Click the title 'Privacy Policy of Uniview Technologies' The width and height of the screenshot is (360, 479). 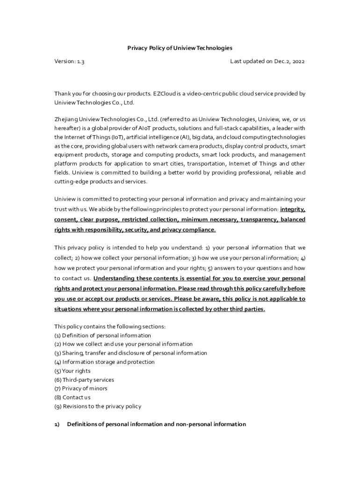180,48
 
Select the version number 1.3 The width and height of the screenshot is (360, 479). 80,61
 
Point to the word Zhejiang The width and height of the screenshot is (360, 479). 66,119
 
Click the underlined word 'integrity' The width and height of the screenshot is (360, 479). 293,209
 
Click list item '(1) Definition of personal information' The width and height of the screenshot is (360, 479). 103,335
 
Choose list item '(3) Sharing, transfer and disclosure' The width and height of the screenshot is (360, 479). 131,353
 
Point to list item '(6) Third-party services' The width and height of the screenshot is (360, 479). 84,380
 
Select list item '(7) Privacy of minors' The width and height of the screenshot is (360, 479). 81,389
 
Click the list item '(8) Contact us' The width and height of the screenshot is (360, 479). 73,398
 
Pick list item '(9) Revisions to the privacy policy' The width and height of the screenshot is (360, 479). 98,406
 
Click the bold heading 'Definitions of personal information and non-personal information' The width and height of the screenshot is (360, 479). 157,424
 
